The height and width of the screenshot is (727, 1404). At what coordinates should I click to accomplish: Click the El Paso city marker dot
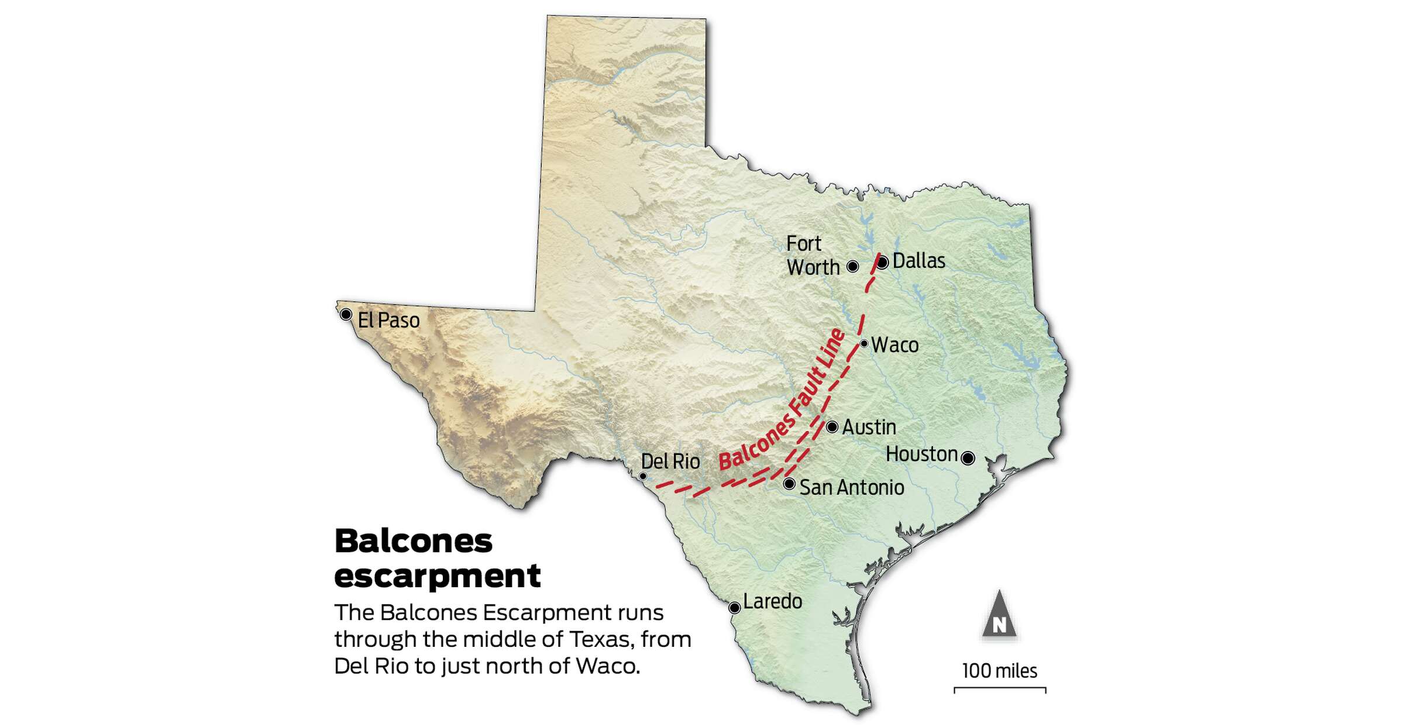(346, 315)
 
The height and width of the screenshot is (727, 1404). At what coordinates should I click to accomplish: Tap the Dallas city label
(918, 261)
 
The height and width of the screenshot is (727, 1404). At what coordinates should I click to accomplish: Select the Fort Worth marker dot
(853, 267)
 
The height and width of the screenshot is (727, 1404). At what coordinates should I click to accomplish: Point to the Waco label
(894, 345)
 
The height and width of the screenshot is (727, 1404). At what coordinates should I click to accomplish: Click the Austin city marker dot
(832, 427)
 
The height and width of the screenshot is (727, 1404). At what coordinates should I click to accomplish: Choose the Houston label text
(921, 454)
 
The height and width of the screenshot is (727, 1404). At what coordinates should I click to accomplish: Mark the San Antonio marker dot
(789, 484)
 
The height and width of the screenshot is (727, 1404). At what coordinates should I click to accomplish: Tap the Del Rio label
(670, 461)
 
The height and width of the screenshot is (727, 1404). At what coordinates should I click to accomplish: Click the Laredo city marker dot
(735, 608)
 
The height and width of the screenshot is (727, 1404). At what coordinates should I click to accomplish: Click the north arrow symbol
(999, 616)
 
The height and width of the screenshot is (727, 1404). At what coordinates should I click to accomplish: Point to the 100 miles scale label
(1000, 671)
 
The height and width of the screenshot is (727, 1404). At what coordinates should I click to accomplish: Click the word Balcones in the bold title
(414, 541)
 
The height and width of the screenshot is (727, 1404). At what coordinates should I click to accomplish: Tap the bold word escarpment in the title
(437, 576)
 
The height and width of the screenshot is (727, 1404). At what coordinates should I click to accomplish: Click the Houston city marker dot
(968, 458)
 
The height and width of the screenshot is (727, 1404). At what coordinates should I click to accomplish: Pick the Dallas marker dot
(882, 262)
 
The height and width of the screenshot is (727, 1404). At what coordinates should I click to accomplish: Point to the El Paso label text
(388, 321)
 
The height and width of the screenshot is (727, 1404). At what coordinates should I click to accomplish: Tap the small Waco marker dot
(864, 343)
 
